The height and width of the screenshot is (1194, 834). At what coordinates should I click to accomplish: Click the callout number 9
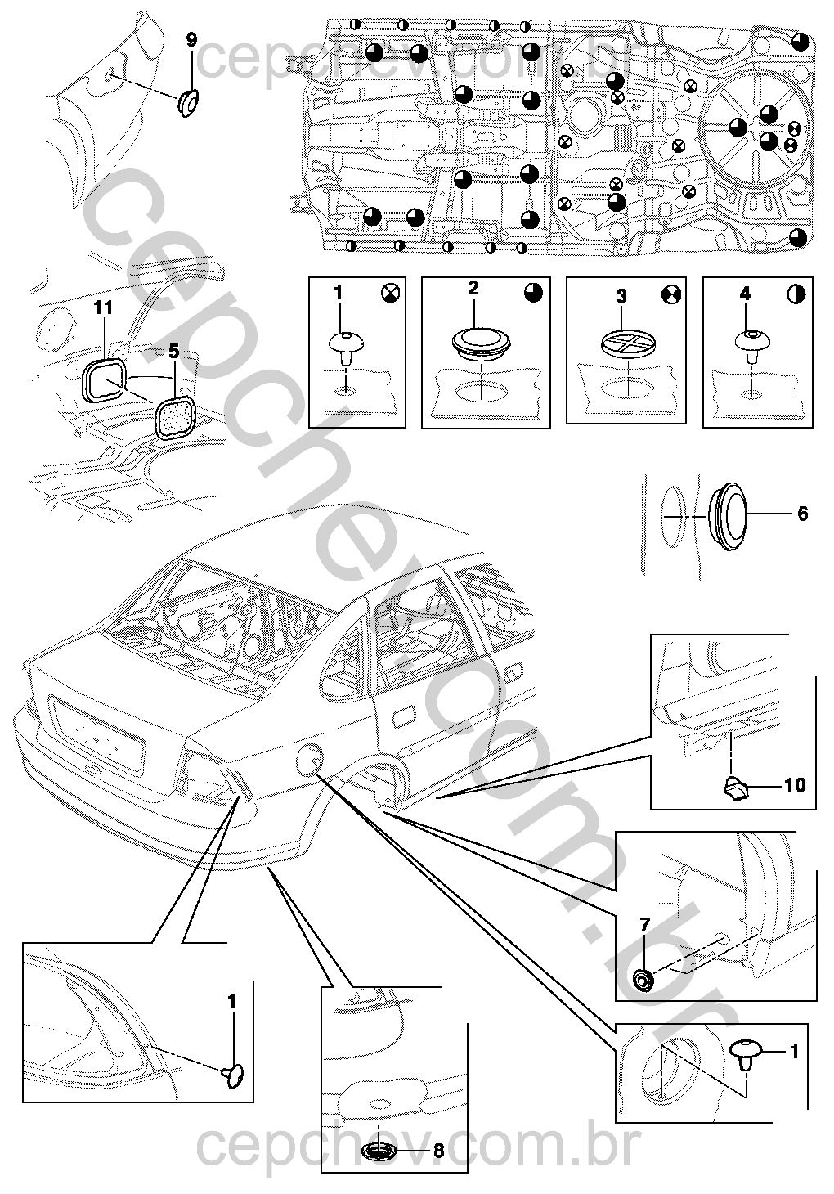pyautogui.click(x=191, y=39)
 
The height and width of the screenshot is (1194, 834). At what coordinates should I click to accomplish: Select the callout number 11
pyautogui.click(x=102, y=308)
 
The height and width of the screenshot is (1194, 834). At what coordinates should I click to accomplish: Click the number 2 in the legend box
pyautogui.click(x=473, y=288)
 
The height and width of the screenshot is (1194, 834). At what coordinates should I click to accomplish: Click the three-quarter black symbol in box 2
pyautogui.click(x=532, y=293)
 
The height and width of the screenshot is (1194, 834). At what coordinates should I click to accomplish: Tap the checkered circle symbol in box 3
pyautogui.click(x=671, y=293)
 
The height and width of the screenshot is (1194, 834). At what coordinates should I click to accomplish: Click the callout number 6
pyautogui.click(x=802, y=514)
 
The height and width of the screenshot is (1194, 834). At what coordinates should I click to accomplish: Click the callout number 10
pyautogui.click(x=794, y=786)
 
